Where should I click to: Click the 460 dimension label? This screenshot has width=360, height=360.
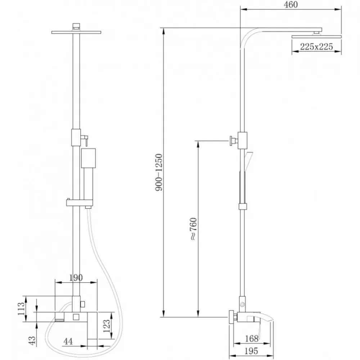coord(291,5)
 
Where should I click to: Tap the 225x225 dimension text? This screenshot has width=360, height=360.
coord(316,46)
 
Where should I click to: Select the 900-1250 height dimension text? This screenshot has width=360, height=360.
coord(159,172)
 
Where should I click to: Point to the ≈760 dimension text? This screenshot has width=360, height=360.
coord(193,229)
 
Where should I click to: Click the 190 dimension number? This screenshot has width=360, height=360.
coord(76,278)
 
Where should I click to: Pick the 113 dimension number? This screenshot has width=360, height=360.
coord(21,309)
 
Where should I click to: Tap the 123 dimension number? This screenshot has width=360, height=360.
coord(107,326)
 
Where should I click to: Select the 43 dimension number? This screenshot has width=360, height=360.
coord(32,341)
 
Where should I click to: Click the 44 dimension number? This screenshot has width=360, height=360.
coord(68,341)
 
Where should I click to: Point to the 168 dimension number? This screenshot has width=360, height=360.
coord(252,338)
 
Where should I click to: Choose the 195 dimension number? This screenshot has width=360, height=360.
coord(251,351)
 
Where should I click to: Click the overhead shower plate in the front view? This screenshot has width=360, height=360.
coord(76,32)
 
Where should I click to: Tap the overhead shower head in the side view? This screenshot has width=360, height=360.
coord(316,36)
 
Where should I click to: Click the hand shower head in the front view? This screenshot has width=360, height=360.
coord(89,158)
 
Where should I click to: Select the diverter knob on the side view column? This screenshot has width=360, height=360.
coord(232,140)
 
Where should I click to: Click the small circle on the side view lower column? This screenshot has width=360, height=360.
coord(242,305)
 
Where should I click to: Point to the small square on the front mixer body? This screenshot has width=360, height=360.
coord(76,317)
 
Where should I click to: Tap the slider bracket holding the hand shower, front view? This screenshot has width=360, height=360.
coord(80,202)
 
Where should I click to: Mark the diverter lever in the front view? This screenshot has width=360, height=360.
coord(86,140)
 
